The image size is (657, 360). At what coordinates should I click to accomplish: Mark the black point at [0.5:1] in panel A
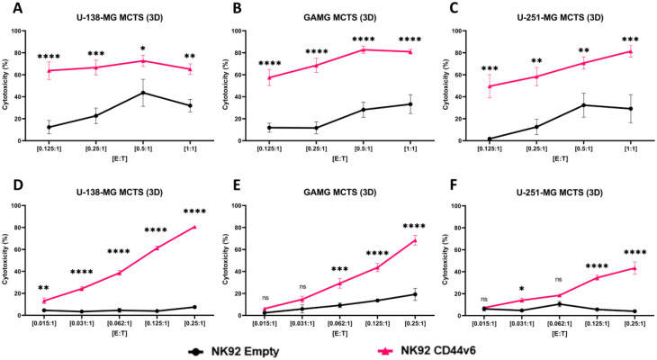click(x=139, y=93)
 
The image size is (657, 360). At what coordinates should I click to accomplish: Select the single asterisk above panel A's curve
click(x=139, y=48)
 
